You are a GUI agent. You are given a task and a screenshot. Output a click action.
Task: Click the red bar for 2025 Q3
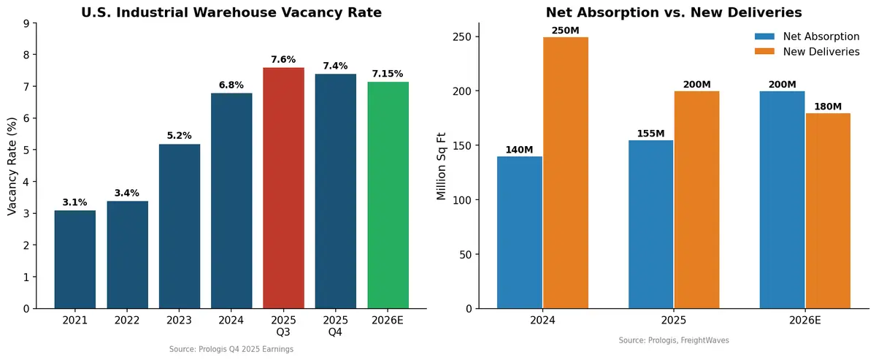point(283,188)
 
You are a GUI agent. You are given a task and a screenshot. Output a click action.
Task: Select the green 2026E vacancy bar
point(388,195)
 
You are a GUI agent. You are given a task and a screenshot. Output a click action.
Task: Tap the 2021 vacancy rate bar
point(74,259)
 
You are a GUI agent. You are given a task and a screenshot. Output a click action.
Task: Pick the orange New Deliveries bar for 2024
point(566,172)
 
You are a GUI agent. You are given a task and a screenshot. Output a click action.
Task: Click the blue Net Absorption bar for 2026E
point(782,199)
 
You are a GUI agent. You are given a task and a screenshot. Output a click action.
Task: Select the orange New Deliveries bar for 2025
point(696,199)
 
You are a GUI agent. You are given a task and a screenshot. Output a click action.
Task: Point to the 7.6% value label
point(283,60)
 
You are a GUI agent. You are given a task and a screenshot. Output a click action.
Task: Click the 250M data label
point(566,29)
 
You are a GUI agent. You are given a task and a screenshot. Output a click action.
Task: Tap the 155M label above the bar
point(650,133)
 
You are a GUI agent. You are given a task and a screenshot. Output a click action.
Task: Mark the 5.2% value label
point(179,136)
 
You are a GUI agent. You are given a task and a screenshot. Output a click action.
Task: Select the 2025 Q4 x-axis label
point(336,326)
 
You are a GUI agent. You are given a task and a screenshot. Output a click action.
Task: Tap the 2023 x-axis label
point(179,321)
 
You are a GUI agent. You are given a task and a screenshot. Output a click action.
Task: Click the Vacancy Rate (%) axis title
point(12,165)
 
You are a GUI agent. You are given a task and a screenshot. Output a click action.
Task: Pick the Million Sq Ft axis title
point(442,165)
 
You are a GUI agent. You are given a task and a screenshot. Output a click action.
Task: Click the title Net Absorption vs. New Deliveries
point(674,12)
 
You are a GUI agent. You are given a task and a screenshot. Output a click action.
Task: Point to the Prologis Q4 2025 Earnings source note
point(231,350)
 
